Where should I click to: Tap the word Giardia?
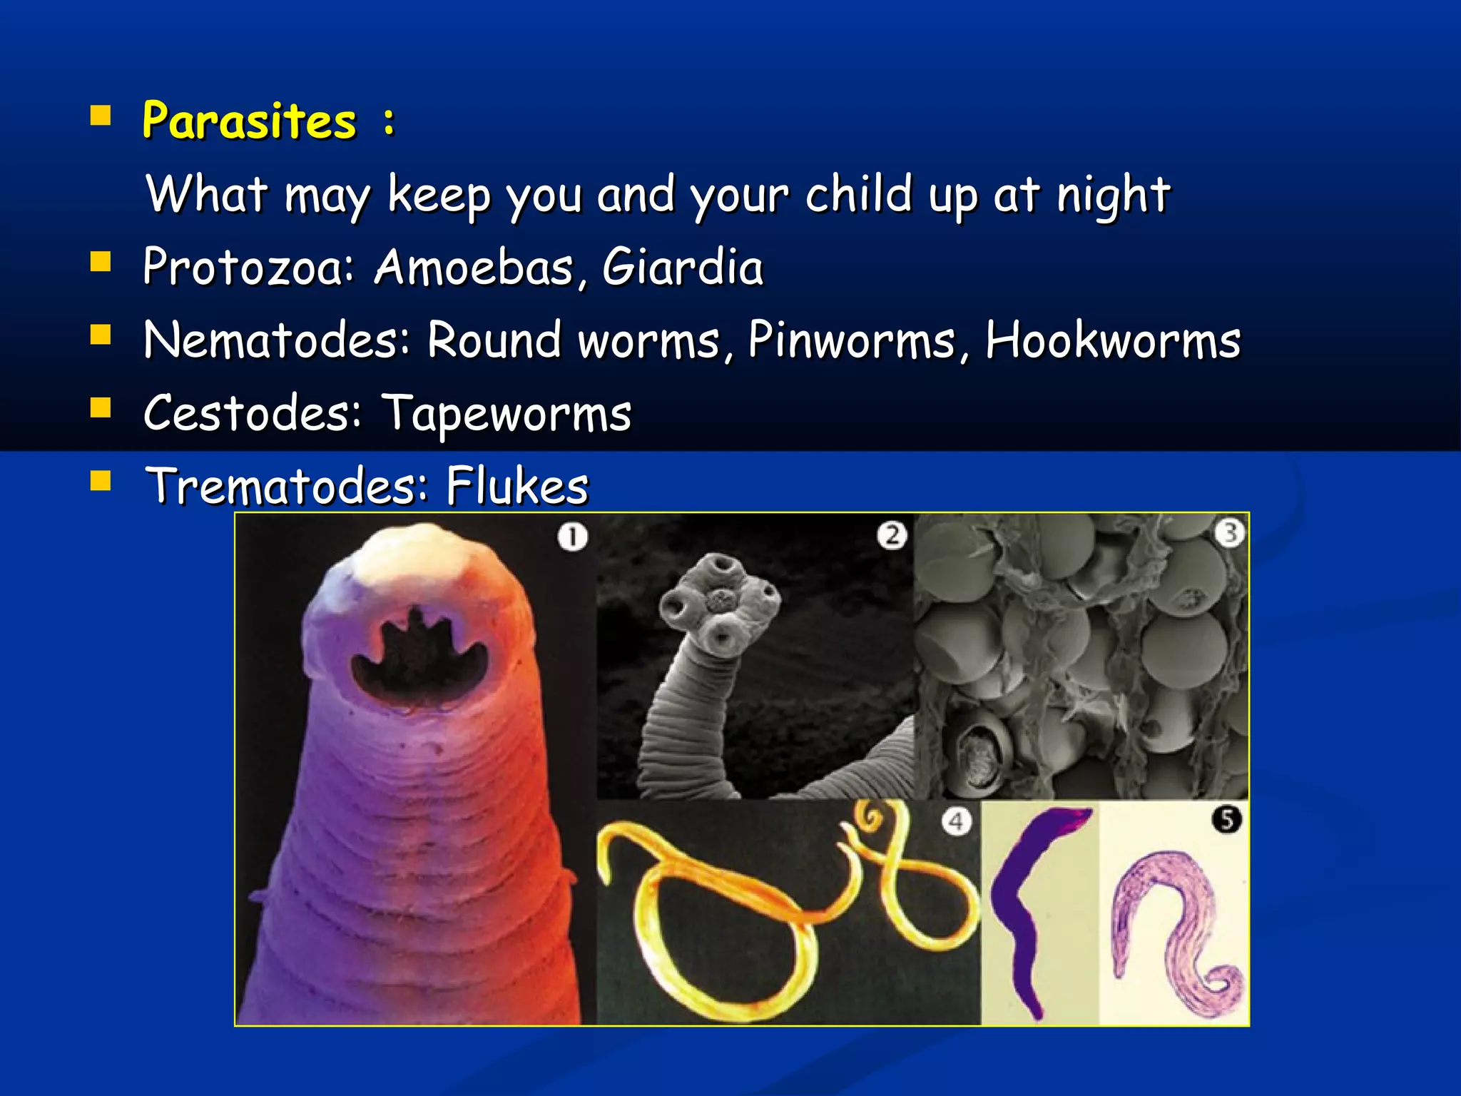point(682,267)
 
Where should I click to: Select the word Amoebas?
point(474,267)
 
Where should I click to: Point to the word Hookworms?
point(1113,340)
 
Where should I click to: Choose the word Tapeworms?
point(506,414)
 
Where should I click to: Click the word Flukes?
point(517,486)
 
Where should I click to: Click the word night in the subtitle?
point(1113,194)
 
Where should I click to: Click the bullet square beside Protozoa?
point(101,263)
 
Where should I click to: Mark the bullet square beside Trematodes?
point(101,482)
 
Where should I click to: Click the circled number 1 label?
point(573,537)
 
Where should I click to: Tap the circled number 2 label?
point(892,535)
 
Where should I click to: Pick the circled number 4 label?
point(956,822)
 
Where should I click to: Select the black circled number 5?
point(1227,819)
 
